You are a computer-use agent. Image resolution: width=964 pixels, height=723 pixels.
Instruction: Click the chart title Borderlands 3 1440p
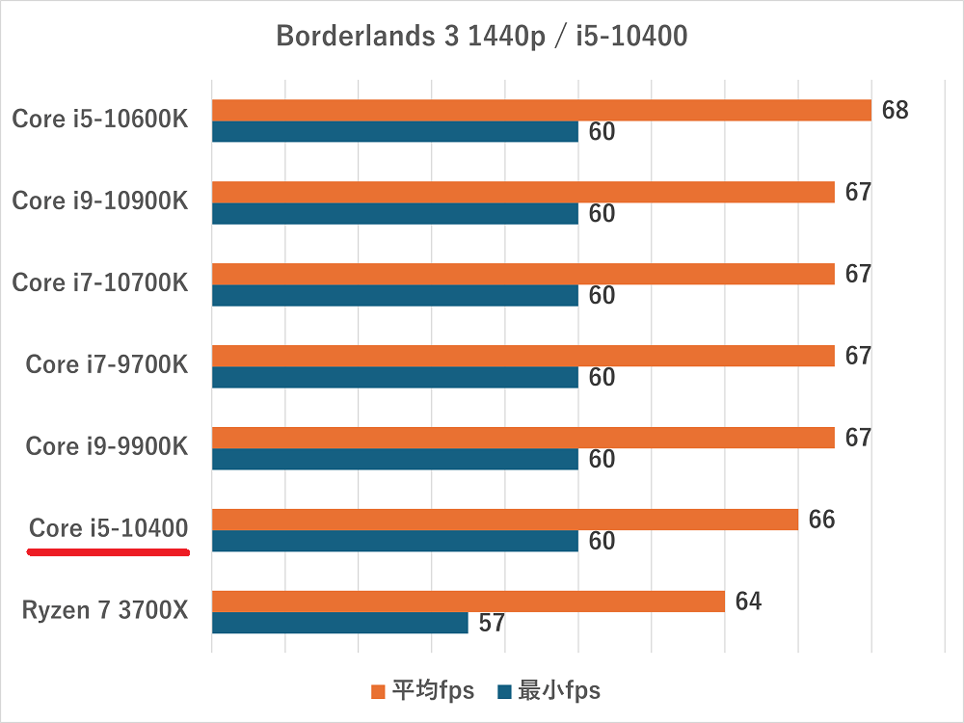tap(481, 37)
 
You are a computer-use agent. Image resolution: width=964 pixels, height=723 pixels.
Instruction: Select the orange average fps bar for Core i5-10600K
tap(541, 110)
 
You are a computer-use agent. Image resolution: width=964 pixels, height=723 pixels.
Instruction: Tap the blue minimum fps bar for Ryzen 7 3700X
tap(339, 623)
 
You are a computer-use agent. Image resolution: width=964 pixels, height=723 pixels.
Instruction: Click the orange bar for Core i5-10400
tap(504, 520)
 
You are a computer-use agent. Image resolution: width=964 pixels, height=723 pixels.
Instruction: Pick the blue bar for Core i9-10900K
tap(394, 213)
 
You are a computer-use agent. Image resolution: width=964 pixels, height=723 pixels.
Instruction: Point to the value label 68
tap(895, 110)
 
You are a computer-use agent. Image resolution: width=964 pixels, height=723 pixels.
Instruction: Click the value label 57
tap(492, 624)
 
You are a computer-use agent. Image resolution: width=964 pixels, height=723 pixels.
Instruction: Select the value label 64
tap(748, 602)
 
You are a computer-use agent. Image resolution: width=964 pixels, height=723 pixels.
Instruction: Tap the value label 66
tap(821, 520)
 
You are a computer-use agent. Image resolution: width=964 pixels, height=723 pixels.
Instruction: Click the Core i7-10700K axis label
tap(100, 283)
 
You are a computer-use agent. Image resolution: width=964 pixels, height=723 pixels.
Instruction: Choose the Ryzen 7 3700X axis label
tap(104, 610)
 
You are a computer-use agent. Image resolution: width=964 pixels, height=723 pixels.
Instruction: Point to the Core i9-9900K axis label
tap(107, 446)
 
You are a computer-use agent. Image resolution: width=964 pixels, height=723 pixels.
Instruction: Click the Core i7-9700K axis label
tap(107, 364)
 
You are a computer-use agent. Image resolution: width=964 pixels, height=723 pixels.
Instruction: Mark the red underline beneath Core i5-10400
tap(107, 552)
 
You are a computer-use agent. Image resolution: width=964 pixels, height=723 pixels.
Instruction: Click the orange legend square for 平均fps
tap(378, 691)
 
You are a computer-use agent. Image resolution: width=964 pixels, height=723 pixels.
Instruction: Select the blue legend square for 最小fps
tap(504, 691)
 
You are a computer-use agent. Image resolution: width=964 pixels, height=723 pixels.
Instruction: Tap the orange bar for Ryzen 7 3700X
tap(468, 602)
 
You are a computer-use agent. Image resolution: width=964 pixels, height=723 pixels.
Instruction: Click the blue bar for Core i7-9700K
tap(394, 377)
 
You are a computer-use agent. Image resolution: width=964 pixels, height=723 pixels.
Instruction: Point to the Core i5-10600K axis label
tap(100, 120)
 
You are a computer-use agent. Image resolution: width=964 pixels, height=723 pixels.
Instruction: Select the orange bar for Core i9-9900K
tap(522, 438)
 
